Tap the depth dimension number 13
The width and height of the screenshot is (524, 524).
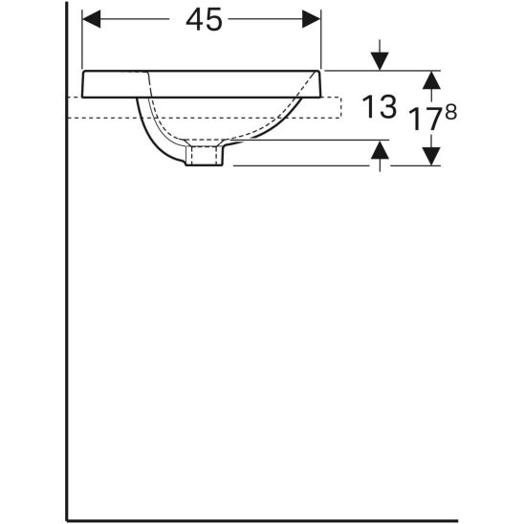[x=381, y=107]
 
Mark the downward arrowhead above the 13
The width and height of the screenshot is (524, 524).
[x=381, y=60]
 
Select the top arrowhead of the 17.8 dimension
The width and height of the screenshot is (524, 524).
[x=431, y=80]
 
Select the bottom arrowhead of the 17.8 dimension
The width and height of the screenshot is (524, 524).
[x=431, y=154]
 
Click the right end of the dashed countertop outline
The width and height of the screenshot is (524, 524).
[x=341, y=107]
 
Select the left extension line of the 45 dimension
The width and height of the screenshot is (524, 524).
[x=83, y=38]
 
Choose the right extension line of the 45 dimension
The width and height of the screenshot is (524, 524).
[x=321, y=38]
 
